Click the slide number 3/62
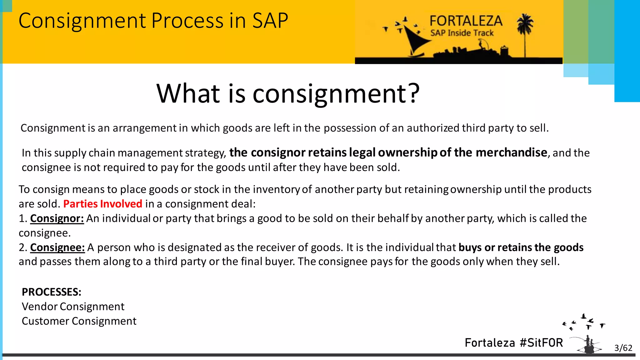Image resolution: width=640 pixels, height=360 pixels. (623, 348)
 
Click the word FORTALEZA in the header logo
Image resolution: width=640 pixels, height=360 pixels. (466, 21)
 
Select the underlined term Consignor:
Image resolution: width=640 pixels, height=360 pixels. (57, 218)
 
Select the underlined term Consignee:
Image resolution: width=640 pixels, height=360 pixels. (57, 247)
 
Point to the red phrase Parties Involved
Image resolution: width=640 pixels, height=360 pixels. (102, 204)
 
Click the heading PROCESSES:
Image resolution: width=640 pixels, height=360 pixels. (52, 292)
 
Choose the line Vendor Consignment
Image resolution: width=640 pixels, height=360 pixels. (73, 307)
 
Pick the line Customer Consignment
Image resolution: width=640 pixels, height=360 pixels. (79, 321)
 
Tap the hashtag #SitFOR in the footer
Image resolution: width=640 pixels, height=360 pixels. (541, 343)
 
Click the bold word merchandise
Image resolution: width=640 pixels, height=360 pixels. (512, 152)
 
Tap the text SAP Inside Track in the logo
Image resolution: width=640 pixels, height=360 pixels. (462, 33)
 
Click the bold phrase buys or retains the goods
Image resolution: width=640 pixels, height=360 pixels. (521, 247)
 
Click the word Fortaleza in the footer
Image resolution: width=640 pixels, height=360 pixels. (490, 343)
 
